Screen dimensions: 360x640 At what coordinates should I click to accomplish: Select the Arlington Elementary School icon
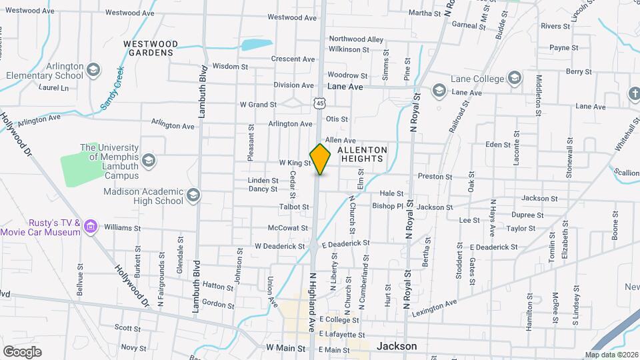[x=93, y=69]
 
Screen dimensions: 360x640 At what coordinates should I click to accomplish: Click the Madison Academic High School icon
[x=193, y=195]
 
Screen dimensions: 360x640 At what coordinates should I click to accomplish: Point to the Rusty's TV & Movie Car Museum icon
[x=91, y=227]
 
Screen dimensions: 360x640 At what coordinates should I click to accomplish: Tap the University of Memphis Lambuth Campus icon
[x=149, y=160]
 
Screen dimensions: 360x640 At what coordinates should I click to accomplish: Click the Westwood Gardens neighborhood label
[x=151, y=47]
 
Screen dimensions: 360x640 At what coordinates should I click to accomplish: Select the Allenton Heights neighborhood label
[x=362, y=155]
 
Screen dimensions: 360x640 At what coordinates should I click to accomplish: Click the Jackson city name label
[x=397, y=346]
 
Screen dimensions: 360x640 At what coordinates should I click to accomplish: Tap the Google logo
[x=22, y=351]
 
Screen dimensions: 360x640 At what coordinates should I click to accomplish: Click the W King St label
[x=295, y=163]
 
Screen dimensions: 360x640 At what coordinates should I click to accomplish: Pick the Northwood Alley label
[x=356, y=39]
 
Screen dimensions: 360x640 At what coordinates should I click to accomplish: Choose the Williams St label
[x=122, y=227]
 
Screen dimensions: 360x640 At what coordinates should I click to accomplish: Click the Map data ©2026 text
[x=611, y=355]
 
